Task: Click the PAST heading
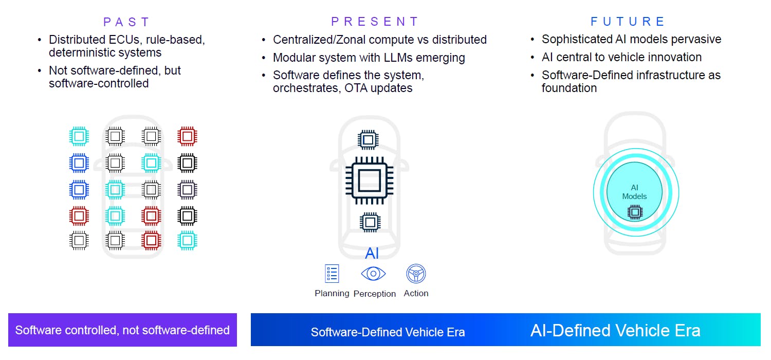pyautogui.click(x=126, y=22)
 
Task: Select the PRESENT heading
pyautogui.click(x=375, y=22)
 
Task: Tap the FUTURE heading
pyautogui.click(x=628, y=22)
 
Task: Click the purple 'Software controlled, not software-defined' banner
pyautogui.click(x=122, y=330)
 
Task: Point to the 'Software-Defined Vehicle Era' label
pyautogui.click(x=388, y=332)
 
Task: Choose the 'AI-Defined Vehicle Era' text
pyautogui.click(x=615, y=330)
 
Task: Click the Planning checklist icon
pyautogui.click(x=332, y=274)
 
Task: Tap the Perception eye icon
pyautogui.click(x=373, y=274)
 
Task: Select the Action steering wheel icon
pyautogui.click(x=416, y=274)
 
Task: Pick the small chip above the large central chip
pyautogui.click(x=368, y=139)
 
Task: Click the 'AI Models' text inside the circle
pyautogui.click(x=634, y=192)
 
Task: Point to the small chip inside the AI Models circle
pyautogui.click(x=635, y=212)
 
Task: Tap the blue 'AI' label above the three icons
pyautogui.click(x=372, y=253)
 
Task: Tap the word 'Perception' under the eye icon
pyautogui.click(x=375, y=294)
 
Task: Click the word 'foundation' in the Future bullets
pyautogui.click(x=569, y=88)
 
